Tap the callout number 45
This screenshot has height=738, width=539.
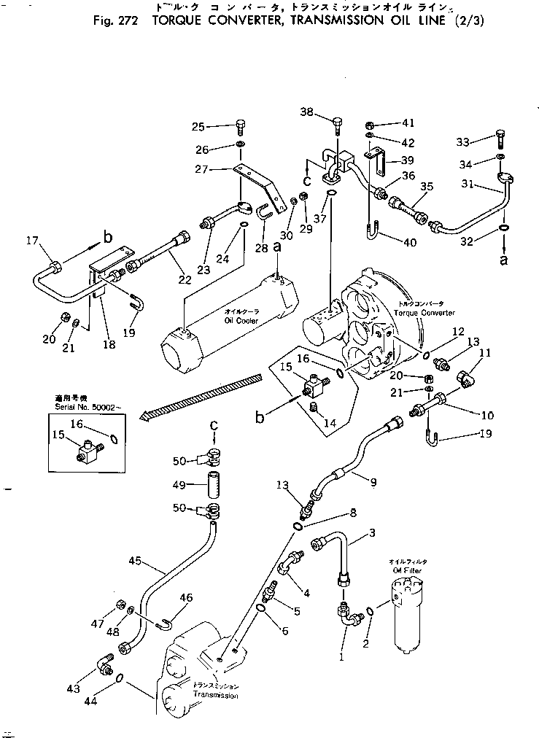coord(134,562)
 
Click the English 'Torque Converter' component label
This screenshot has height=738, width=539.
coord(424,313)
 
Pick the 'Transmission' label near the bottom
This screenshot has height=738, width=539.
coord(215,695)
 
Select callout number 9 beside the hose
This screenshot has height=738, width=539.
coord(373,481)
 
